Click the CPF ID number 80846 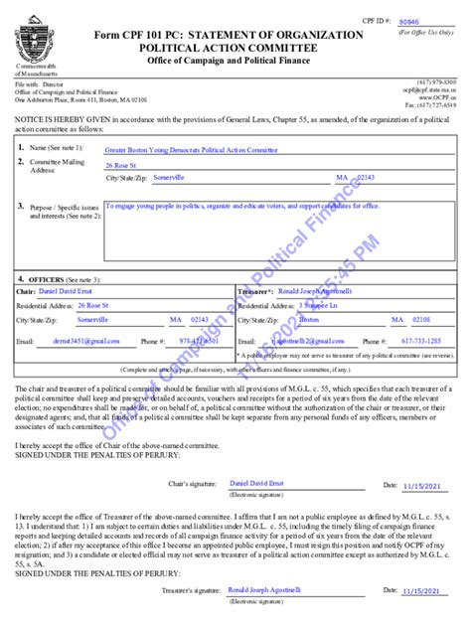407,21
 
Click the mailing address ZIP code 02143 366,177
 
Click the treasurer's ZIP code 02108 421,320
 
